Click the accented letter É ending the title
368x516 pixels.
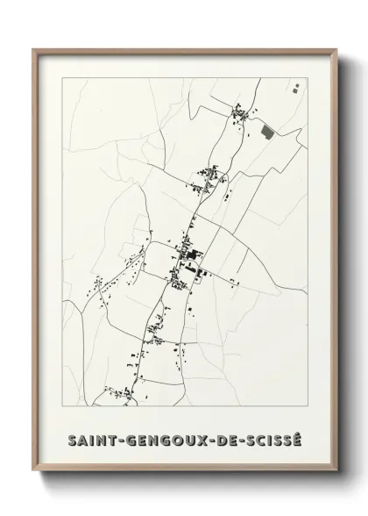299,436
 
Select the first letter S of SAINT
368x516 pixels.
70,437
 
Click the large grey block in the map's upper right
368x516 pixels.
268,132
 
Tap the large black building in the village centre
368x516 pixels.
188,256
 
